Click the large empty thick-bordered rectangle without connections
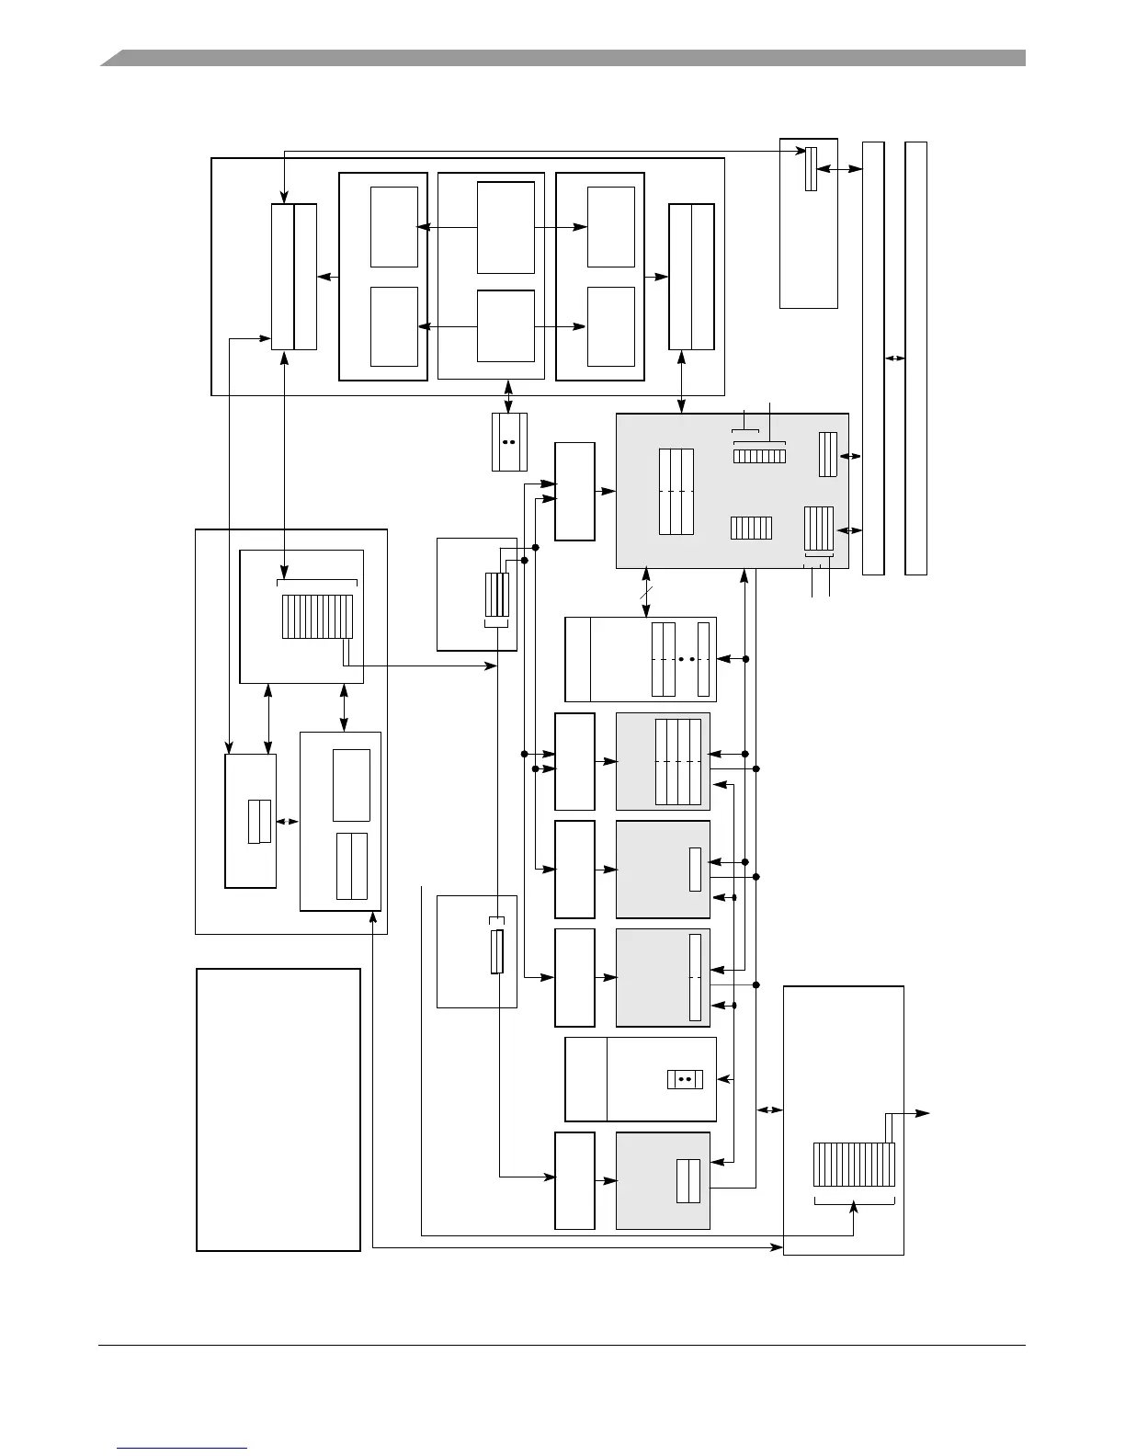click(x=278, y=1109)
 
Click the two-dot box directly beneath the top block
click(x=509, y=442)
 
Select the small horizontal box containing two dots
click(x=685, y=1079)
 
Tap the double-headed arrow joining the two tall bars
click(x=894, y=358)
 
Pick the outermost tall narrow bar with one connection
click(x=915, y=358)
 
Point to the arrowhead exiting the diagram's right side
click(x=924, y=1113)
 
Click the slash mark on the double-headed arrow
click(x=646, y=596)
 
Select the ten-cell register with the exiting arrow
click(x=854, y=1165)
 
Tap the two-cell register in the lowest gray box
click(x=688, y=1181)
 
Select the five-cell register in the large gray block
click(x=751, y=528)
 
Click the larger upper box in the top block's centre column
click(x=506, y=227)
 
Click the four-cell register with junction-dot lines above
click(x=496, y=596)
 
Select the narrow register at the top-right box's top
click(x=811, y=169)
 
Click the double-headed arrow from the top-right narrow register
click(x=839, y=169)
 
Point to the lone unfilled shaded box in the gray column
click(x=663, y=869)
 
